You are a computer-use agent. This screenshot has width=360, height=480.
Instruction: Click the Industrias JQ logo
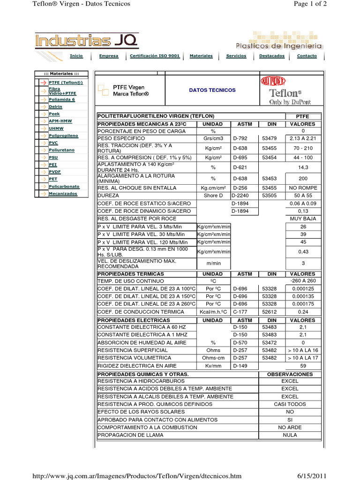coord(87,41)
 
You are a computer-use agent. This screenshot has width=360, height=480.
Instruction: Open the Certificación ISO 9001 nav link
coord(155,56)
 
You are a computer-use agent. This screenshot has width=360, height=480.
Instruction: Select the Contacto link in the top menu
coord(307,56)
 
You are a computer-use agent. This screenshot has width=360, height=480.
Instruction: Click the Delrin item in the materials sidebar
coord(55,107)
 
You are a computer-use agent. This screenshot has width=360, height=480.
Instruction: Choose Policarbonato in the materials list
coord(64,187)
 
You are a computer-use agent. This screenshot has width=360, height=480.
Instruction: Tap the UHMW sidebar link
coord(56,128)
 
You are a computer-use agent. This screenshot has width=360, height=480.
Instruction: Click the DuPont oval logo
coord(272,82)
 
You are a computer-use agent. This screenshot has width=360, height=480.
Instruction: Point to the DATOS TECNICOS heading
coord(212,90)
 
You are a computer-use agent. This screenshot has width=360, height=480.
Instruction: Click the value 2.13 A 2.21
coord(303,139)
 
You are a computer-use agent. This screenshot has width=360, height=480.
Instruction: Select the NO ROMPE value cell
coord(303,188)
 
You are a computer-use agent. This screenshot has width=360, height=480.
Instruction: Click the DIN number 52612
coord(270,312)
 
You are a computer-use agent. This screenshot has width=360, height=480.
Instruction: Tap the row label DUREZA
coord(108,195)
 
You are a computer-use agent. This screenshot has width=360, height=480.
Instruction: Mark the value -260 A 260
coord(303,281)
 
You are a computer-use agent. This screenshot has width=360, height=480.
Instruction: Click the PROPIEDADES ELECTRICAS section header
coord(134,320)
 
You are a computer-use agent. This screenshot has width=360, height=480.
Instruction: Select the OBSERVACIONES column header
coord(290,375)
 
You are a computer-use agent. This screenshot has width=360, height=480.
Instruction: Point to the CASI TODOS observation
coord(290,404)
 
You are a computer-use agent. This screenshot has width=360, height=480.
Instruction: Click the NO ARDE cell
coord(290,427)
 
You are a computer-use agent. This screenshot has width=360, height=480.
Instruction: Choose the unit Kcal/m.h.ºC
coord(213,312)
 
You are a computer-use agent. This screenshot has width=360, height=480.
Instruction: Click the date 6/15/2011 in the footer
coord(311,476)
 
